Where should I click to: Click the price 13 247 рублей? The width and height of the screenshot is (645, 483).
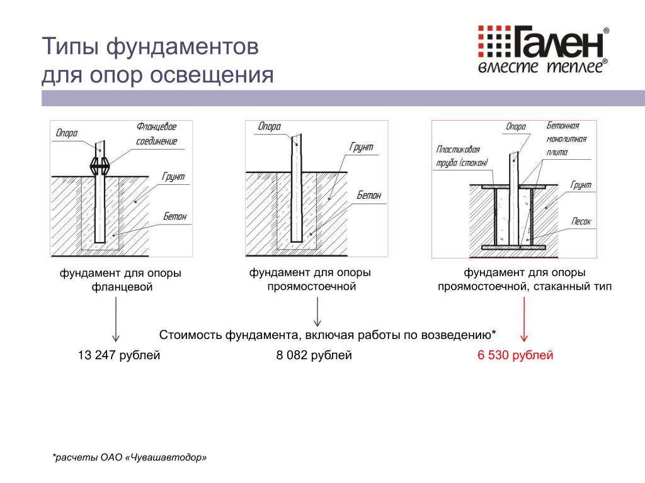[119, 355]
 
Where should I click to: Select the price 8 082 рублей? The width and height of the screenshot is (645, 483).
[314, 355]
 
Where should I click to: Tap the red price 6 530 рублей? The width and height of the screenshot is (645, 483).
[515, 355]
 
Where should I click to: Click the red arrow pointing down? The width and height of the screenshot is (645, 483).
[524, 319]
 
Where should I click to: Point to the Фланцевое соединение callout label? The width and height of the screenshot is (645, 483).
[156, 134]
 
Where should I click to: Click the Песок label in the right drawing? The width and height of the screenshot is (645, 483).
[581, 221]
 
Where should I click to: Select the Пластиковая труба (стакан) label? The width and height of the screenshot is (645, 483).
[462, 156]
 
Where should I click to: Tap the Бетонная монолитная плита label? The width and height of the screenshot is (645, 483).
[566, 139]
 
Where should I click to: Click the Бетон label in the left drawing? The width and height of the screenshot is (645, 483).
[175, 216]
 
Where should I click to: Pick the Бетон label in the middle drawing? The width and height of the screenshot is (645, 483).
[369, 195]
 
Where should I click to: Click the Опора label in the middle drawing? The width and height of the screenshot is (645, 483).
[270, 126]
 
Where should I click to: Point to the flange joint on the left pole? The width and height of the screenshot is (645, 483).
[100, 166]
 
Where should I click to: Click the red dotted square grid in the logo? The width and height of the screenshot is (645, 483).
[494, 41]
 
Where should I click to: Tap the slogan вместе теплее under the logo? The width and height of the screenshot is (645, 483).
[542, 66]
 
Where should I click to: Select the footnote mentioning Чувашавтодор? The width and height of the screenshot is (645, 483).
[130, 457]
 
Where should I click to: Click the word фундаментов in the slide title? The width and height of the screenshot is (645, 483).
[182, 46]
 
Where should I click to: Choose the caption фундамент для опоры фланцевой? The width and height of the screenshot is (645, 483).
[120, 280]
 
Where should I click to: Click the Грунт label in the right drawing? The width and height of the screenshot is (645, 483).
[580, 185]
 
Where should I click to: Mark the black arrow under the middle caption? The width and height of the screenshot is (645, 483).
[317, 312]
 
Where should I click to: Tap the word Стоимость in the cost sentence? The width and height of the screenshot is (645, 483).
[191, 335]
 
